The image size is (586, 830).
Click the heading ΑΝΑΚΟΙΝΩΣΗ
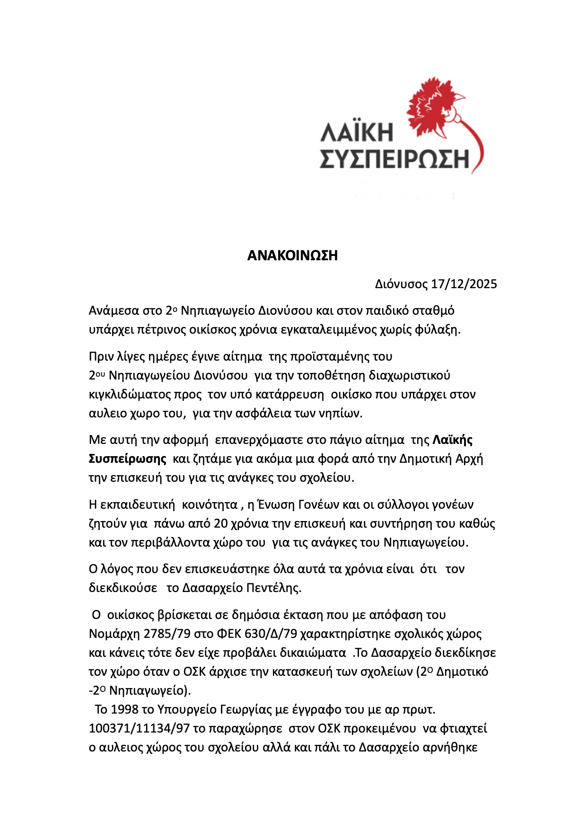click(x=292, y=256)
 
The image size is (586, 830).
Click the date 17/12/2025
click(x=464, y=284)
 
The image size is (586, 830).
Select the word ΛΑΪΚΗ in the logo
click(x=356, y=132)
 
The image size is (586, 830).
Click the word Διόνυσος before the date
click(x=401, y=284)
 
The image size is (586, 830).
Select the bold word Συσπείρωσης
click(x=128, y=459)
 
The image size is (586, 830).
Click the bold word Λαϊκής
click(x=452, y=440)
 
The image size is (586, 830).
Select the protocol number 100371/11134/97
click(x=139, y=728)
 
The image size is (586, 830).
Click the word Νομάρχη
click(x=112, y=634)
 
